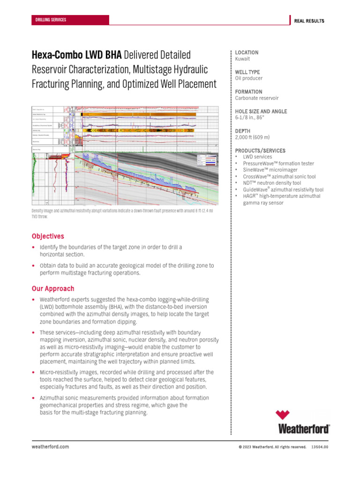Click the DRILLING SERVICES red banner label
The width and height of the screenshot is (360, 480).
51,20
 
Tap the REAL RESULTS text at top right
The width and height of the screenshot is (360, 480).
309,21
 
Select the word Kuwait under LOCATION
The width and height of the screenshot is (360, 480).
242,60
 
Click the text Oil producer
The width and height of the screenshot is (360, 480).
249,79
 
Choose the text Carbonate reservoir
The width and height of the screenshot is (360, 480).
257,98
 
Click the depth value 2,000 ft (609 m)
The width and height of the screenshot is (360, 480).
252,138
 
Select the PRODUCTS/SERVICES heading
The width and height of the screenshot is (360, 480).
260,150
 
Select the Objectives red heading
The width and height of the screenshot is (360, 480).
47,236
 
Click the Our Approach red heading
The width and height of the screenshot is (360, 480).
52,289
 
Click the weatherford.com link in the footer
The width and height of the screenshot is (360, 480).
50,447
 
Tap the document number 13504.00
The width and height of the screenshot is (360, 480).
320,447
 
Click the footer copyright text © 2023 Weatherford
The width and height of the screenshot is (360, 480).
272,447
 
